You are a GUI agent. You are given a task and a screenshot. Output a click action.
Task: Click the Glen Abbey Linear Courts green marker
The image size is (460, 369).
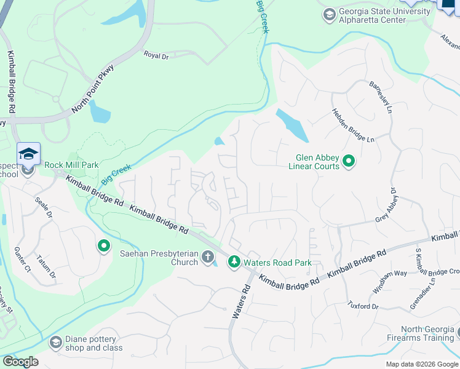tap(349, 162)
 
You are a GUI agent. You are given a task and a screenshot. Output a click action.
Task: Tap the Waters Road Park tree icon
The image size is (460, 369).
tap(234, 263)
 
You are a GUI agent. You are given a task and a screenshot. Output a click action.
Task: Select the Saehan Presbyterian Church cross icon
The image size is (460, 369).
tap(208, 258)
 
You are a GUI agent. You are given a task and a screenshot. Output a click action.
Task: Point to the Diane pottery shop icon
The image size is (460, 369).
tap(56, 342)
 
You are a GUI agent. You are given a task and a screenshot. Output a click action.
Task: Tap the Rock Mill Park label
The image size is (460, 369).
tap(71, 165)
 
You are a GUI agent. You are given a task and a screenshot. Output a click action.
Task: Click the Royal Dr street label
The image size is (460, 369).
tap(156, 55)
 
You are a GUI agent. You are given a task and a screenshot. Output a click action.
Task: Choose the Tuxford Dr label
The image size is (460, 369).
tap(362, 305)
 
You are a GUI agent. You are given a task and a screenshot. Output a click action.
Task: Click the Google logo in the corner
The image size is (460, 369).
tap(20, 362)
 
